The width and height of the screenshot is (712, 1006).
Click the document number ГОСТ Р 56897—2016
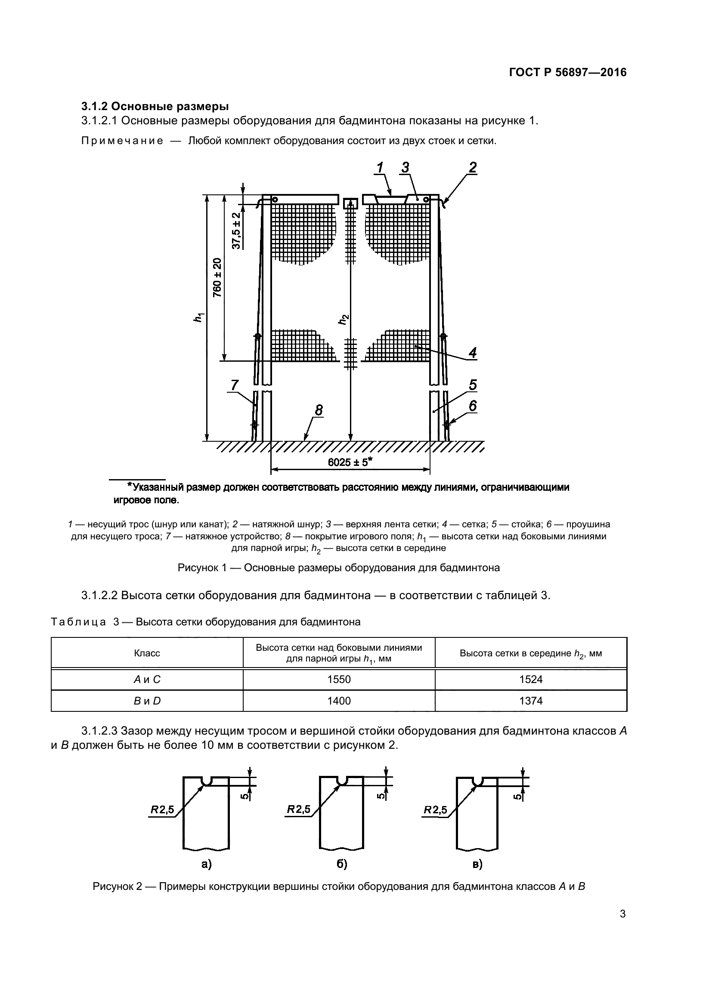pos(568,72)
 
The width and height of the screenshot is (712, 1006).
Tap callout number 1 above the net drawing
pos(380,167)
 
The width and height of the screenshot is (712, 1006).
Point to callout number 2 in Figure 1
pos(472,167)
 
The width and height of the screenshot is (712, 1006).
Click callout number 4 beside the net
pos(472,352)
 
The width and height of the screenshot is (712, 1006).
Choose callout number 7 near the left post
pos(235,385)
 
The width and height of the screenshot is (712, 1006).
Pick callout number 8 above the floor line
pos(319,410)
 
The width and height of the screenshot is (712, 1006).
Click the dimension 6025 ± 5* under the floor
pos(350,462)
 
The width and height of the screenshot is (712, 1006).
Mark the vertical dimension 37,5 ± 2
pos(236,231)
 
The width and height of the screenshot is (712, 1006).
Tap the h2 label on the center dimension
pos(343,320)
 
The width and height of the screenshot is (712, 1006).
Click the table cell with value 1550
pos(339,680)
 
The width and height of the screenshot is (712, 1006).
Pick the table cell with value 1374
pos(531,701)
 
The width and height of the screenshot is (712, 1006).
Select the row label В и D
pos(147,701)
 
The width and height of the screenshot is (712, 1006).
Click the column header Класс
pos(147,653)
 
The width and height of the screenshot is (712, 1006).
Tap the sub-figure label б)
pos(342,864)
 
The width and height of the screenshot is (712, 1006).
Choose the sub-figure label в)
pos(477,864)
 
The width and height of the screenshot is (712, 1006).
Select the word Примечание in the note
pos(122,141)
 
